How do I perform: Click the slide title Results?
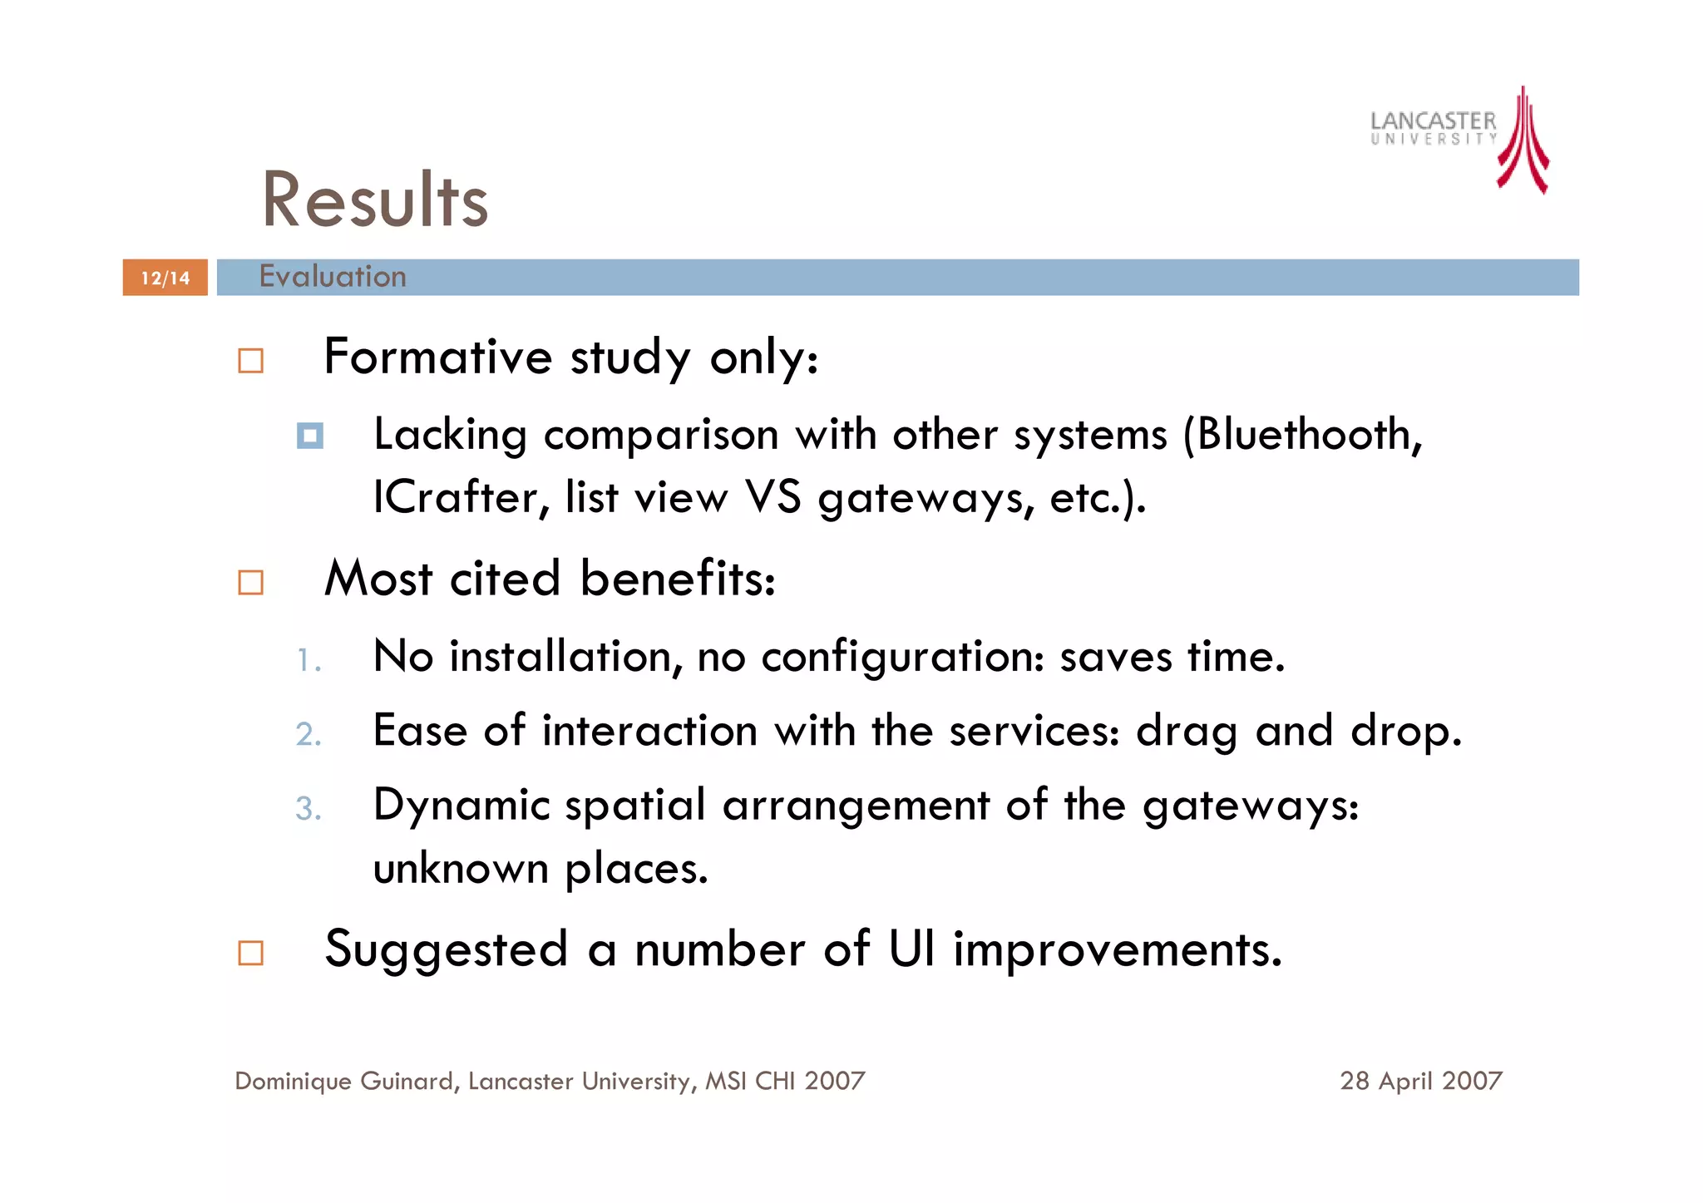click(375, 200)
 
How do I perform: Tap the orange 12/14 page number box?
click(165, 278)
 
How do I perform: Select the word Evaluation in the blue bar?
click(333, 276)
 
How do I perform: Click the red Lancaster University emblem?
click(1523, 141)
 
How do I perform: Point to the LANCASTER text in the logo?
click(1433, 121)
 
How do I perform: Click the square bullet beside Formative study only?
click(250, 361)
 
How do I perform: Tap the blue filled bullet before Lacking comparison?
click(310, 436)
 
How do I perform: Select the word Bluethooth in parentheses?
click(1302, 435)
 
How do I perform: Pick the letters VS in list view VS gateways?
click(773, 497)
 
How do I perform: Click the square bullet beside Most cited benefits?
click(250, 582)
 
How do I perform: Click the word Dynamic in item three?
click(462, 806)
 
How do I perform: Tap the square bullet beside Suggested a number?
click(250, 953)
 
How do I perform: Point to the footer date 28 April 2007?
click(1420, 1081)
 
